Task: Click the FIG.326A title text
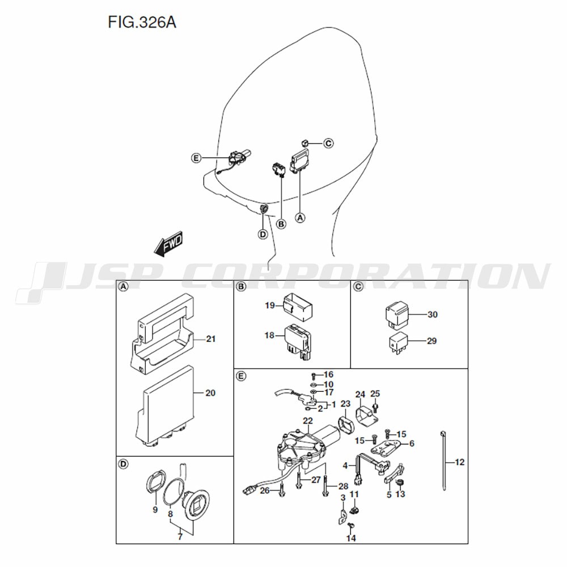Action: click(142, 23)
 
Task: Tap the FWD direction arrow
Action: click(168, 244)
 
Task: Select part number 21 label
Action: click(211, 339)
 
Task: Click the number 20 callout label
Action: click(210, 393)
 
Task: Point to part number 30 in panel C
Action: click(433, 315)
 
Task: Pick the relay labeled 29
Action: click(398, 342)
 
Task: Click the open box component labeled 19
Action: click(299, 307)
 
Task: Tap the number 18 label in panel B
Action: click(269, 336)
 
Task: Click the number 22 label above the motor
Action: click(308, 421)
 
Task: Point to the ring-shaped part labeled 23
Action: click(346, 425)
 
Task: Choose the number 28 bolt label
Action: click(343, 486)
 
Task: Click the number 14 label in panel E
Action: click(351, 539)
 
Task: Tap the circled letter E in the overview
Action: click(196, 158)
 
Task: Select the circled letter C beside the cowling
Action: click(328, 143)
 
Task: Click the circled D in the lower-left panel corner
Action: click(124, 464)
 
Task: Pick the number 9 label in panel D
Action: click(155, 510)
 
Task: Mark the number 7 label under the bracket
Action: click(180, 537)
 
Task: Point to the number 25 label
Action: click(375, 393)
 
